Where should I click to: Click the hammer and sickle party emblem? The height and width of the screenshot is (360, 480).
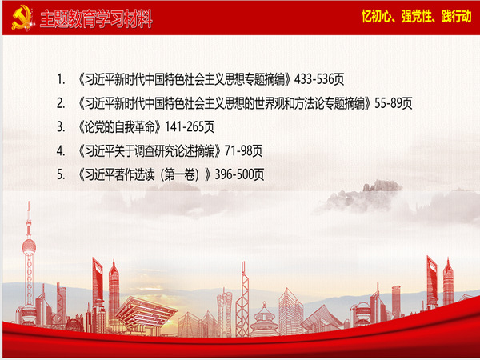click(22, 18)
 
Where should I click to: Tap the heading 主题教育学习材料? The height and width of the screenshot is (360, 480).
click(96, 19)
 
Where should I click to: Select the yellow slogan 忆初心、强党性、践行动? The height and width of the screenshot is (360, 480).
click(417, 16)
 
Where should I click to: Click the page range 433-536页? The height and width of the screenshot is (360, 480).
click(319, 79)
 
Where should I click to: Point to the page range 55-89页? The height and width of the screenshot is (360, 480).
click(394, 103)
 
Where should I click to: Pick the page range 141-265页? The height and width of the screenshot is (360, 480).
click(190, 127)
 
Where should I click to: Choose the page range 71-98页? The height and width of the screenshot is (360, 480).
click(244, 151)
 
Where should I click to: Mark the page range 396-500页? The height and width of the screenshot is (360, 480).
click(239, 174)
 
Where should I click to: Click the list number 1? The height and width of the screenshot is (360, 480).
click(61, 79)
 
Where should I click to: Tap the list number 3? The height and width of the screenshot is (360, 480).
click(61, 127)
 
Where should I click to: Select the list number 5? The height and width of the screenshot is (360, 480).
click(61, 175)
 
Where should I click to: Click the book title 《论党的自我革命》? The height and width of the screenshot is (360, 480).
click(120, 127)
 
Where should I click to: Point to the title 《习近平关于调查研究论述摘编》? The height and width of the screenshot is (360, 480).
click(150, 151)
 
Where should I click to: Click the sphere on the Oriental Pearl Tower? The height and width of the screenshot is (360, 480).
click(29, 247)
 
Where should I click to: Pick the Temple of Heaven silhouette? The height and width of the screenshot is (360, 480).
click(264, 321)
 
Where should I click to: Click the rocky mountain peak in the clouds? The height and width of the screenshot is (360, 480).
click(382, 186)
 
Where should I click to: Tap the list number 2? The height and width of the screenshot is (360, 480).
click(61, 103)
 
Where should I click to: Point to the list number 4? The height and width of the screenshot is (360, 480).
click(61, 151)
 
